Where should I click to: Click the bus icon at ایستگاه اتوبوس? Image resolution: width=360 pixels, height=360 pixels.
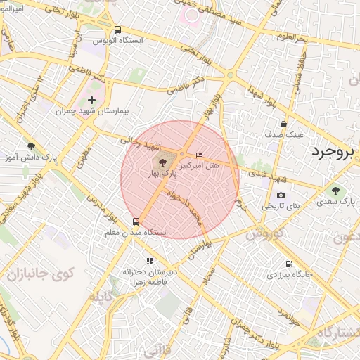(x=117, y=30)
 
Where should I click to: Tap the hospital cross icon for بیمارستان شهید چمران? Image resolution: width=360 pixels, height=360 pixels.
(x=91, y=101)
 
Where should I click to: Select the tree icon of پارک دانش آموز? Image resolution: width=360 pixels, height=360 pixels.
(x=31, y=146)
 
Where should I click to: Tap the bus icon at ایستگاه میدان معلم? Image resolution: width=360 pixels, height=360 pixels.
(x=136, y=221)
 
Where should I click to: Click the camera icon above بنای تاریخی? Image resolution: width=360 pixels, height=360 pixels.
(x=281, y=195)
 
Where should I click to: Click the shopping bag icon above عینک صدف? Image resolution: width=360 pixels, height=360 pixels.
(x=283, y=124)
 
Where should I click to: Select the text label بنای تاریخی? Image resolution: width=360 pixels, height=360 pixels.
(x=281, y=207)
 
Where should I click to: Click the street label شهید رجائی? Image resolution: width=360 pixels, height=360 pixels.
(x=144, y=143)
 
